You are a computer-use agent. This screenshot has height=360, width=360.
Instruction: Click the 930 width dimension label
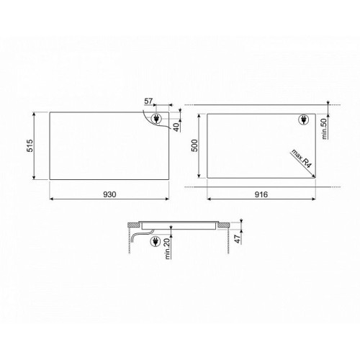point(109,194)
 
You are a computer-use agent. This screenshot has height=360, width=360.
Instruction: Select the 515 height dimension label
point(30,145)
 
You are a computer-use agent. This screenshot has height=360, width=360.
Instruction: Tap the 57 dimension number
point(148,102)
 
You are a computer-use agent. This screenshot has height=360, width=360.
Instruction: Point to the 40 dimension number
point(176,127)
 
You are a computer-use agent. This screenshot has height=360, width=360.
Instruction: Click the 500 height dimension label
point(194,145)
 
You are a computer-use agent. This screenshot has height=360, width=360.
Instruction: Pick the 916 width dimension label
point(261,194)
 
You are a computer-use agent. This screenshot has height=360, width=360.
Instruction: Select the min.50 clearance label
point(324,129)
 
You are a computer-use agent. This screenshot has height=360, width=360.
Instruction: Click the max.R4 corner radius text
point(302,159)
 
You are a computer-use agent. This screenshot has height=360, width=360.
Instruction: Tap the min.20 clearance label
point(168,248)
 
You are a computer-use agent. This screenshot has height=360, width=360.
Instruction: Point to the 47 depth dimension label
point(238,238)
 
